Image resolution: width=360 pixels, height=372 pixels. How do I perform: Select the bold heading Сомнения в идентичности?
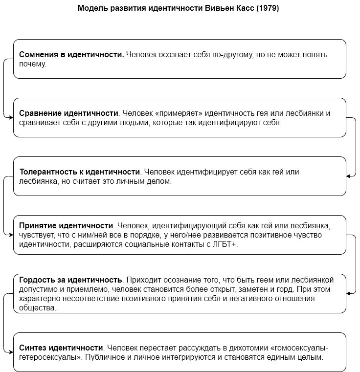click(71, 55)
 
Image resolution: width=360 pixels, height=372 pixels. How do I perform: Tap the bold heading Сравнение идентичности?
click(68, 113)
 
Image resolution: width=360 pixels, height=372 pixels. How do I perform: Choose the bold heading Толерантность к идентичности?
click(80, 172)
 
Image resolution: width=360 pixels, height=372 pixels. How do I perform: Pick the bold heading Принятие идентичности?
click(66, 226)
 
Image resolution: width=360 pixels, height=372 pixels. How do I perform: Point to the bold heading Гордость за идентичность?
click(70, 280)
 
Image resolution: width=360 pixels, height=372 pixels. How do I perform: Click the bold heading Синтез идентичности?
click(61, 348)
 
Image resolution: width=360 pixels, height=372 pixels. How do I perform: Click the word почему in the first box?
click(32, 64)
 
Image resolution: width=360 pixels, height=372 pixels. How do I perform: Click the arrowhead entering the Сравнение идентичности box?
click(11, 117)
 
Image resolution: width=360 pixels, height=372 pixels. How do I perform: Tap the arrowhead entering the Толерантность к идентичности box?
click(348, 176)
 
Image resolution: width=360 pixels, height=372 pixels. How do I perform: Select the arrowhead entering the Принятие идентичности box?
click(11, 235)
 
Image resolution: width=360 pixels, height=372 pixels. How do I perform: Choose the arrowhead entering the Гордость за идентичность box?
click(348, 293)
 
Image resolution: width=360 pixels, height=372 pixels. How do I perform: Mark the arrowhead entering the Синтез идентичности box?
click(11, 352)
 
